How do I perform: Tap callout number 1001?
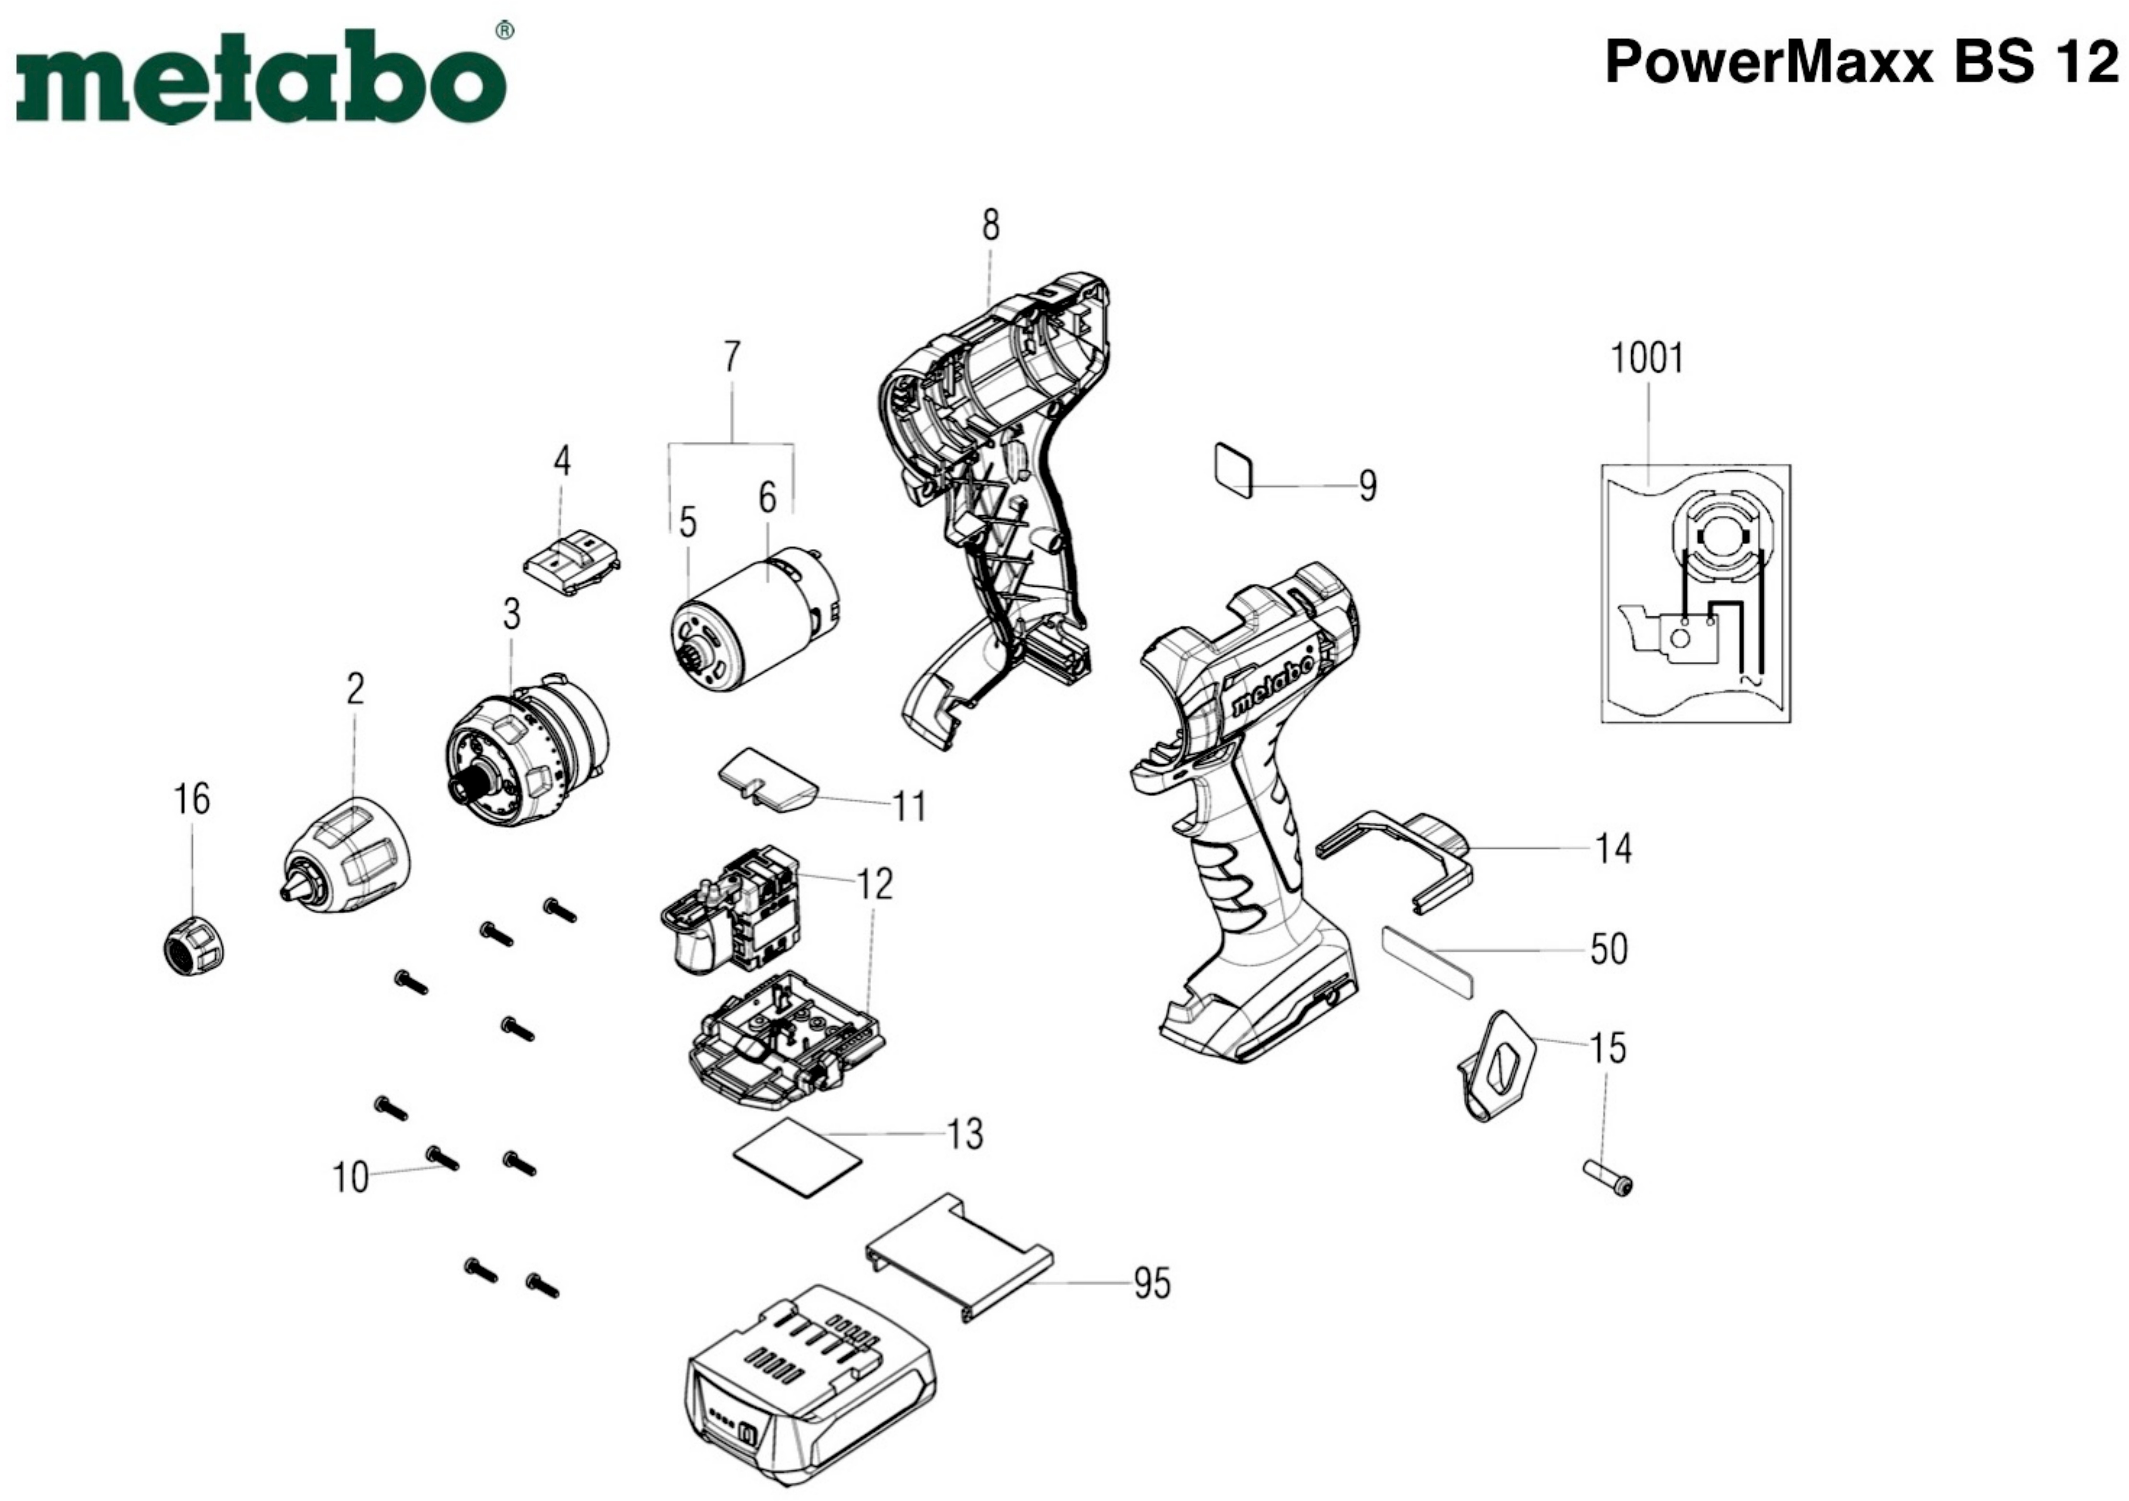(1647, 358)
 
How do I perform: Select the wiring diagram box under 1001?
(1696, 593)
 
